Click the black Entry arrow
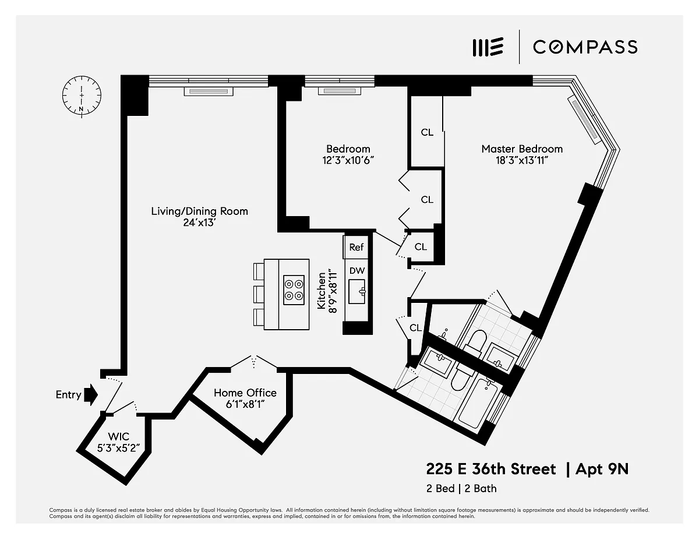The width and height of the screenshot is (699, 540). [91, 394]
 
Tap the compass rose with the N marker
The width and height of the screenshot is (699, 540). [82, 96]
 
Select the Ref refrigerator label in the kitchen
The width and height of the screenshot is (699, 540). [356, 247]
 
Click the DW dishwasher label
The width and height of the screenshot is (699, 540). [357, 270]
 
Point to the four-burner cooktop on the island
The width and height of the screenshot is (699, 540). [294, 290]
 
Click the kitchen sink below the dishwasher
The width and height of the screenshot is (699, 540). [357, 291]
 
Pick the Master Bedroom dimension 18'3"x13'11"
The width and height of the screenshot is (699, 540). [522, 160]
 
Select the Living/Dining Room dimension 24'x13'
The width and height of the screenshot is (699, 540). [199, 223]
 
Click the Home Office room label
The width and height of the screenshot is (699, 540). [245, 393]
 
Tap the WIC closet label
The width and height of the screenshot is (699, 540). [119, 436]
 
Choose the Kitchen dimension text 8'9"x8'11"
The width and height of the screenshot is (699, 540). [333, 292]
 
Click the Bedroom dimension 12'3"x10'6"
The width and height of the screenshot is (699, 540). [348, 160]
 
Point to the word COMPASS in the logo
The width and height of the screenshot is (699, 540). [585, 47]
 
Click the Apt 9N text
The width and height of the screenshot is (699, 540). [602, 470]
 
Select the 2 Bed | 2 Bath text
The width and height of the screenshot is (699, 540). [461, 489]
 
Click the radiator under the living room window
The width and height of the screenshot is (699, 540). [209, 91]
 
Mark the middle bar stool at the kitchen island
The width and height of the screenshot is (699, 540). [259, 294]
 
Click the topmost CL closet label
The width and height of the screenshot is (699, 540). [427, 132]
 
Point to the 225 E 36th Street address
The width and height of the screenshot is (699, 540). [491, 470]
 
